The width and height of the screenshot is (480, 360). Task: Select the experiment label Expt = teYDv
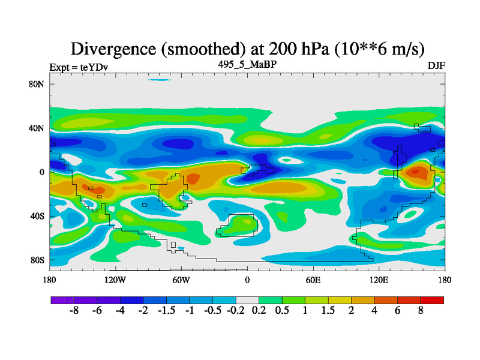[79, 67]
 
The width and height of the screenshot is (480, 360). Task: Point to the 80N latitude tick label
[37, 84]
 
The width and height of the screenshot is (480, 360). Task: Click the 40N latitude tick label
[37, 128]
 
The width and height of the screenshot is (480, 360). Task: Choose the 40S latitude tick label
[37, 216]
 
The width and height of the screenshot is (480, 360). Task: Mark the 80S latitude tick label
[37, 260]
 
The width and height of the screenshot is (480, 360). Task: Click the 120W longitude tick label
[115, 280]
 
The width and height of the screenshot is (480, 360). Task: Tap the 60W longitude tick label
[181, 280]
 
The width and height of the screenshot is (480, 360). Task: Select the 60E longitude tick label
[313, 280]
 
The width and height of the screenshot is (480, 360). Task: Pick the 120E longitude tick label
[379, 280]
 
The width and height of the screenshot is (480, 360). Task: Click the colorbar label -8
[74, 312]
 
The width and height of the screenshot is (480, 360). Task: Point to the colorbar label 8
[421, 312]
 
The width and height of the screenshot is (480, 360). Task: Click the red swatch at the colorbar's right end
[432, 299]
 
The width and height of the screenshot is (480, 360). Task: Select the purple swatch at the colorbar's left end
[62, 299]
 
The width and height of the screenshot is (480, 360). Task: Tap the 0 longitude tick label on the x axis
[247, 280]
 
